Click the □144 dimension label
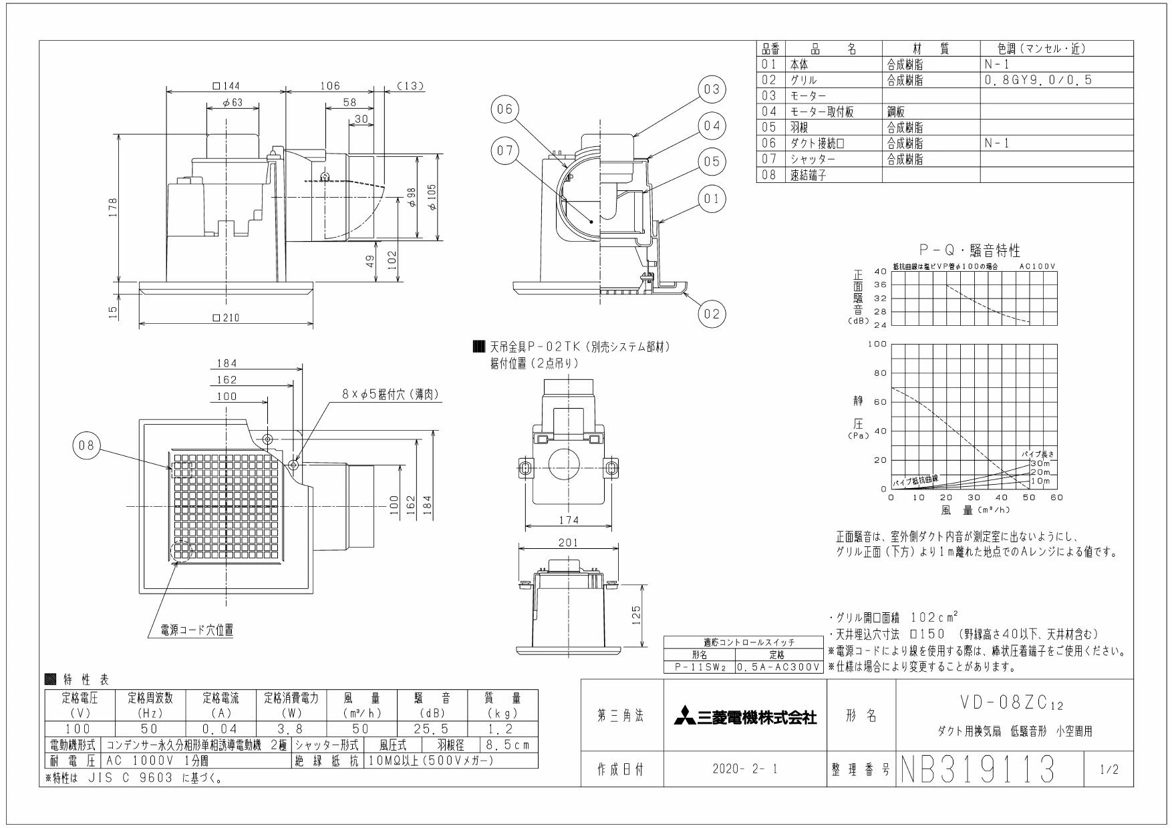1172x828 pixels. (x=226, y=85)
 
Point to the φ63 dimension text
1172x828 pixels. (x=233, y=103)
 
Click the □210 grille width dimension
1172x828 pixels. (x=226, y=318)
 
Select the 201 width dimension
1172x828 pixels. (x=569, y=544)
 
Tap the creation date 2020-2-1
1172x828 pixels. (x=745, y=770)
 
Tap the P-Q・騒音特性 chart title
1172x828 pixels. (x=970, y=251)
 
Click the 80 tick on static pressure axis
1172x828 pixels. (x=879, y=373)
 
